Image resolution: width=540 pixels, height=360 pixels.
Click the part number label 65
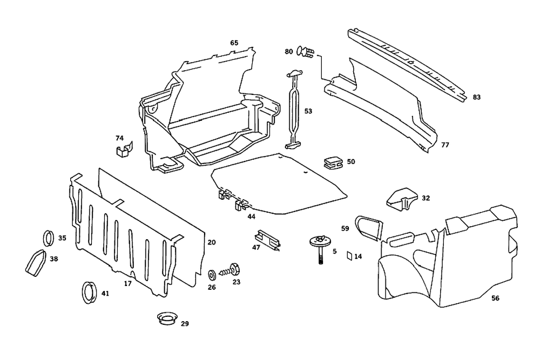(234, 43)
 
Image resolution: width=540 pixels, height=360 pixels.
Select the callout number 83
(476, 97)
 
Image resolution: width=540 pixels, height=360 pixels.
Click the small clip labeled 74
(124, 149)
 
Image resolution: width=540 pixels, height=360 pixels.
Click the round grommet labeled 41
(88, 293)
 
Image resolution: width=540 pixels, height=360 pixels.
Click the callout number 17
(128, 283)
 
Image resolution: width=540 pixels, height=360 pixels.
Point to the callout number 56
(495, 297)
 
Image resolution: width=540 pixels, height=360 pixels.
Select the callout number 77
(445, 145)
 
